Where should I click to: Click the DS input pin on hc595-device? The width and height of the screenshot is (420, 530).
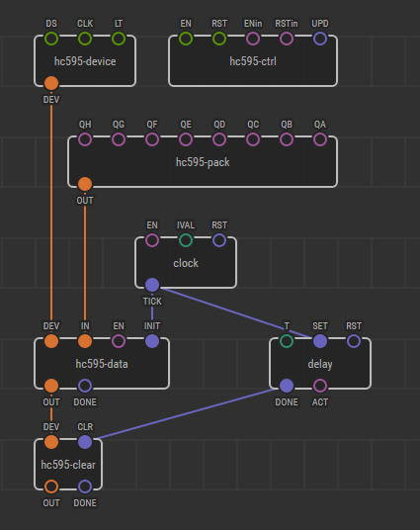(x=51, y=39)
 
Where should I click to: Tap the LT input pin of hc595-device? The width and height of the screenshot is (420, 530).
(x=119, y=39)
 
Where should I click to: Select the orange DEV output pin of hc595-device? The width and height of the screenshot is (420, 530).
(x=51, y=83)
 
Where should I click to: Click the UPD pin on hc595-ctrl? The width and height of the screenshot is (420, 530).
(x=320, y=39)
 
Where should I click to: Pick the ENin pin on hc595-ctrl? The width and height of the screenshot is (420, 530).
(x=253, y=39)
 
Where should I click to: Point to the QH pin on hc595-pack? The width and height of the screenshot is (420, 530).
(x=85, y=139)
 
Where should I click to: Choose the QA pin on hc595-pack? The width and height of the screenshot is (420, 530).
(x=320, y=139)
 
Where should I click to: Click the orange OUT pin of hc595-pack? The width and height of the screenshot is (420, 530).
(x=85, y=184)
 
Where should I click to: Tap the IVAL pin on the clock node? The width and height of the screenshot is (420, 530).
(x=186, y=240)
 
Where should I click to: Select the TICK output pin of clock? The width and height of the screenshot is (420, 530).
(x=152, y=285)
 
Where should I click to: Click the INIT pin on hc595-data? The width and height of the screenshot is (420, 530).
(x=152, y=341)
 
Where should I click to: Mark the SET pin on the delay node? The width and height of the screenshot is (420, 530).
(x=320, y=341)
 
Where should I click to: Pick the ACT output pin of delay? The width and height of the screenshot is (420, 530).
(x=320, y=386)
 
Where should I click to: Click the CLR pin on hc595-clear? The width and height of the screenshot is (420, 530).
(x=85, y=442)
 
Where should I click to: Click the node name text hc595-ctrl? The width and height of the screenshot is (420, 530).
(x=253, y=61)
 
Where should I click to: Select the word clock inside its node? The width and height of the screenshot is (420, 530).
(x=186, y=263)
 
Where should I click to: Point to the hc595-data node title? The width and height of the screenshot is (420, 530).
(x=102, y=364)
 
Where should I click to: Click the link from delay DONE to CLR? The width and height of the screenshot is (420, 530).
(x=186, y=413)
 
